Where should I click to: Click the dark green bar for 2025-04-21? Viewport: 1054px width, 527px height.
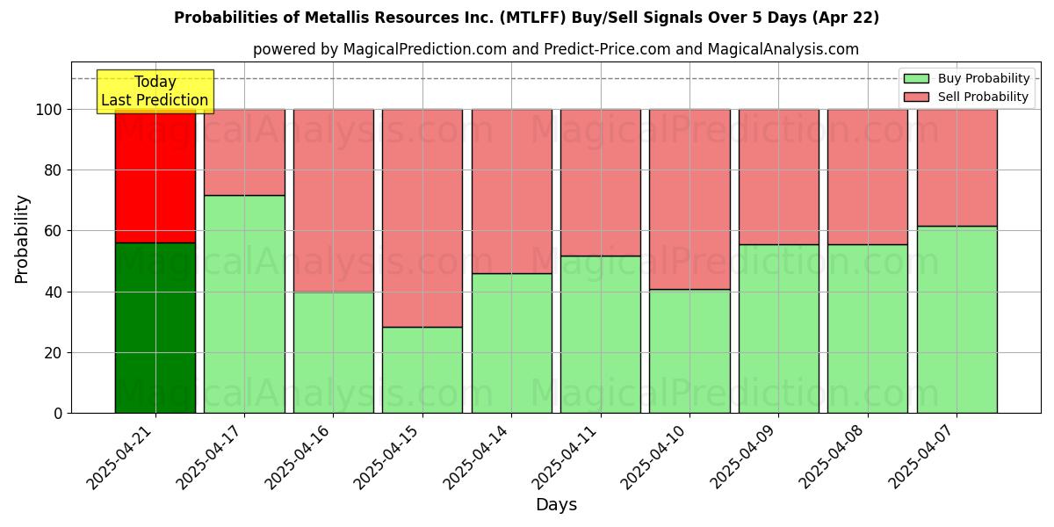155,328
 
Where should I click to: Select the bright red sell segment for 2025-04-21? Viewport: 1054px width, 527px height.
155,176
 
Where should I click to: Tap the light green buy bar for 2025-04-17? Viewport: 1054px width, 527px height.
244,304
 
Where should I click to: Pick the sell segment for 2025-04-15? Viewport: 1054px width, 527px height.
422,218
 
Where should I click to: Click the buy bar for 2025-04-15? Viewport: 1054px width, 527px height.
422,370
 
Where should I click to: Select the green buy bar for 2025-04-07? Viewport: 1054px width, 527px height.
957,320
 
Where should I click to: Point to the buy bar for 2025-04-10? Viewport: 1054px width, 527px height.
689,351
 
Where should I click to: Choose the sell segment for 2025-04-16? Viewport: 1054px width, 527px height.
333,200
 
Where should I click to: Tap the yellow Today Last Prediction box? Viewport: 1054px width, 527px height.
155,91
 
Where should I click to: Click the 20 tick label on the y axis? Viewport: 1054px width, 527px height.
54,353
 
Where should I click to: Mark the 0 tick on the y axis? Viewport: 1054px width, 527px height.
58,414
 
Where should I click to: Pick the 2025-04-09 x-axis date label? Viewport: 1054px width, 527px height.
747,456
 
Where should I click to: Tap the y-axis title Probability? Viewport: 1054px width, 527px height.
22,239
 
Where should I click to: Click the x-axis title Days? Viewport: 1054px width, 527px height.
556,505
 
